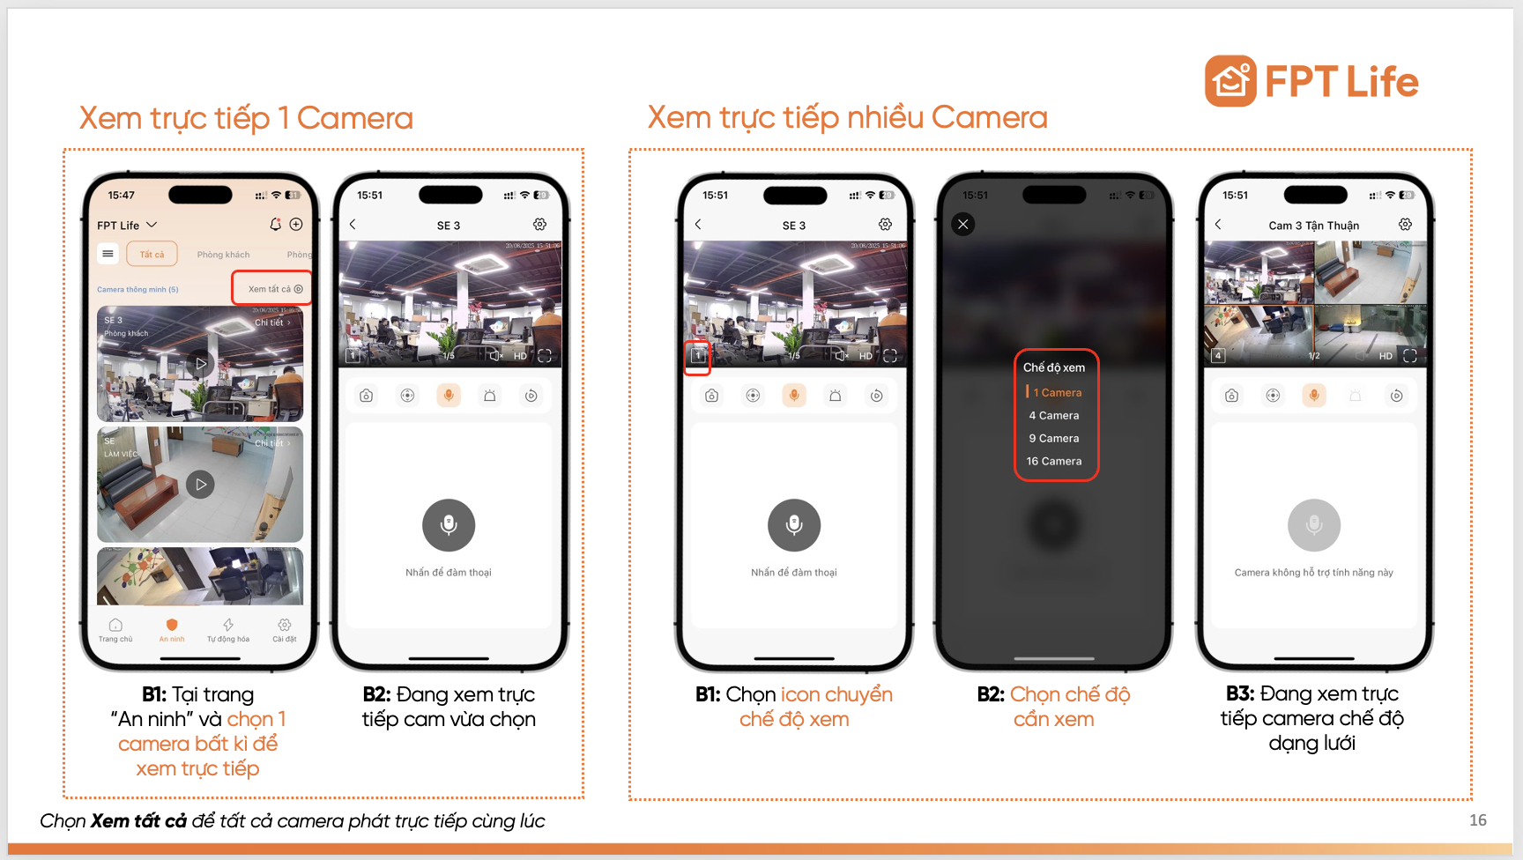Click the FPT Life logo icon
(x=1230, y=81)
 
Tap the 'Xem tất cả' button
(x=274, y=289)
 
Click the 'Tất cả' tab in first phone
(x=152, y=254)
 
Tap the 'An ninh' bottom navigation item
(x=172, y=629)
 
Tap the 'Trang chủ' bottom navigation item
(x=115, y=629)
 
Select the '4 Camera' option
(x=1053, y=415)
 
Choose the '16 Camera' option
(x=1053, y=461)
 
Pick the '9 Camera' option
(x=1053, y=438)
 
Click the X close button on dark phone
(x=963, y=224)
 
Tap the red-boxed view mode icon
(x=697, y=356)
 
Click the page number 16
(x=1477, y=820)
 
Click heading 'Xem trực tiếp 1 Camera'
(x=246, y=118)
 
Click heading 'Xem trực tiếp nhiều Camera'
(x=847, y=117)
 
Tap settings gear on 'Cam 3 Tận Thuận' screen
(x=1405, y=225)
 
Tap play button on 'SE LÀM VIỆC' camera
(x=200, y=484)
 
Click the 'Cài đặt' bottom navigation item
(x=284, y=629)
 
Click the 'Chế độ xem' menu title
(x=1053, y=367)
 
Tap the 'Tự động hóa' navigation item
(x=228, y=629)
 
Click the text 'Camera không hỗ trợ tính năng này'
(x=1313, y=573)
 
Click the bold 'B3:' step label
(x=1240, y=693)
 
